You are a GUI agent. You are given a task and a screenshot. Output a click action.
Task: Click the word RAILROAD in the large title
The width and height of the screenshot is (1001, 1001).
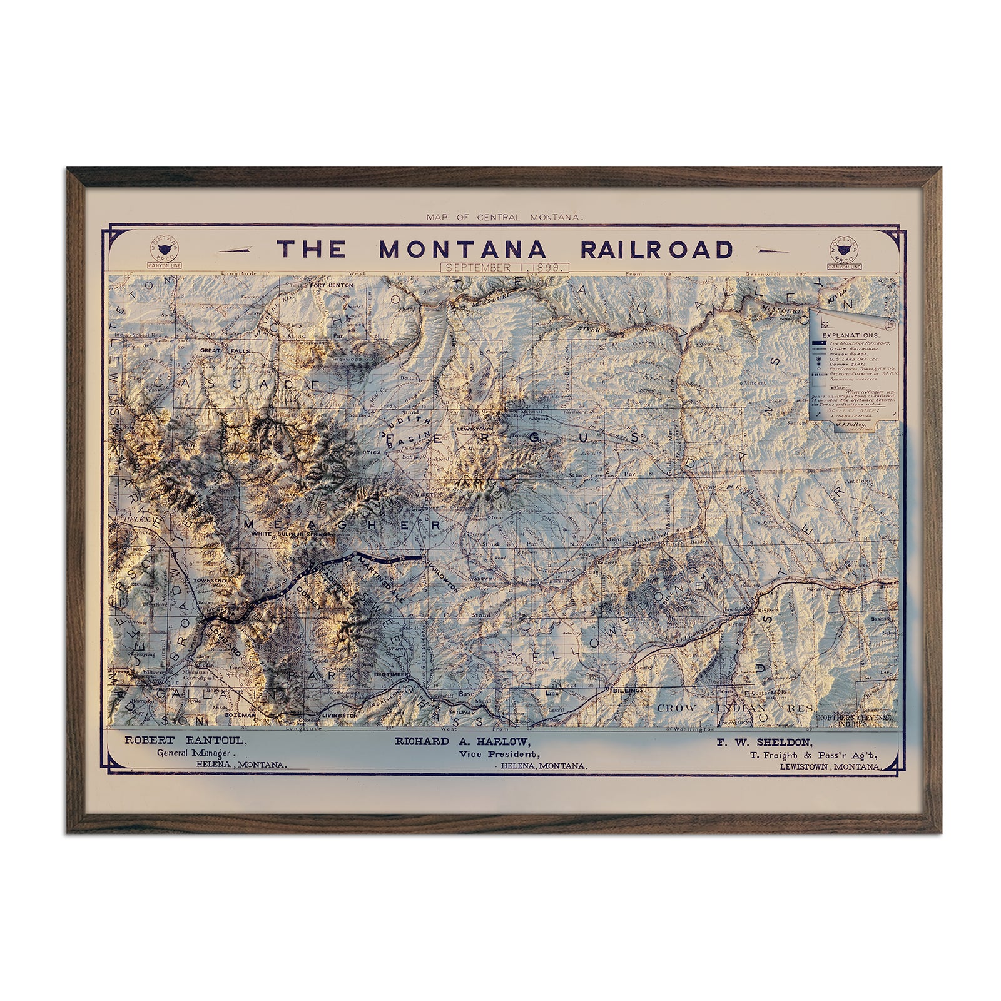(656, 249)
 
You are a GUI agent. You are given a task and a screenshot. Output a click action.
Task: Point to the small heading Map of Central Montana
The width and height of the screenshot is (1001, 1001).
(504, 217)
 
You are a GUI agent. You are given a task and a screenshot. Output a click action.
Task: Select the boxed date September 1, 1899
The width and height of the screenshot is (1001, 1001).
(504, 267)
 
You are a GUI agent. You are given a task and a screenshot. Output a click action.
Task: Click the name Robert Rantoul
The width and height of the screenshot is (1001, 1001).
(185, 741)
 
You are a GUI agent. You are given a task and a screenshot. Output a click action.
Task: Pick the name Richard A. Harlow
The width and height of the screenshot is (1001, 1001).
(462, 741)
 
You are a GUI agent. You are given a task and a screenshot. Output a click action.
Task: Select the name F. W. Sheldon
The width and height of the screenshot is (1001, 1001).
(765, 743)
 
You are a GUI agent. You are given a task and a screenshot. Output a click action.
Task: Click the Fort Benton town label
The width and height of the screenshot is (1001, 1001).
(332, 285)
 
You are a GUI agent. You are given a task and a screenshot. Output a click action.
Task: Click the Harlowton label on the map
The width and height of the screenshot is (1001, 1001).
(440, 572)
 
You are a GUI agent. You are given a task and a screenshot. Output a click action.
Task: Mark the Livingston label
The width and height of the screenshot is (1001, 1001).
(339, 714)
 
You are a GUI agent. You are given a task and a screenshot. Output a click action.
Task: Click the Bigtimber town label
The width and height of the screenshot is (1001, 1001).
(391, 675)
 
